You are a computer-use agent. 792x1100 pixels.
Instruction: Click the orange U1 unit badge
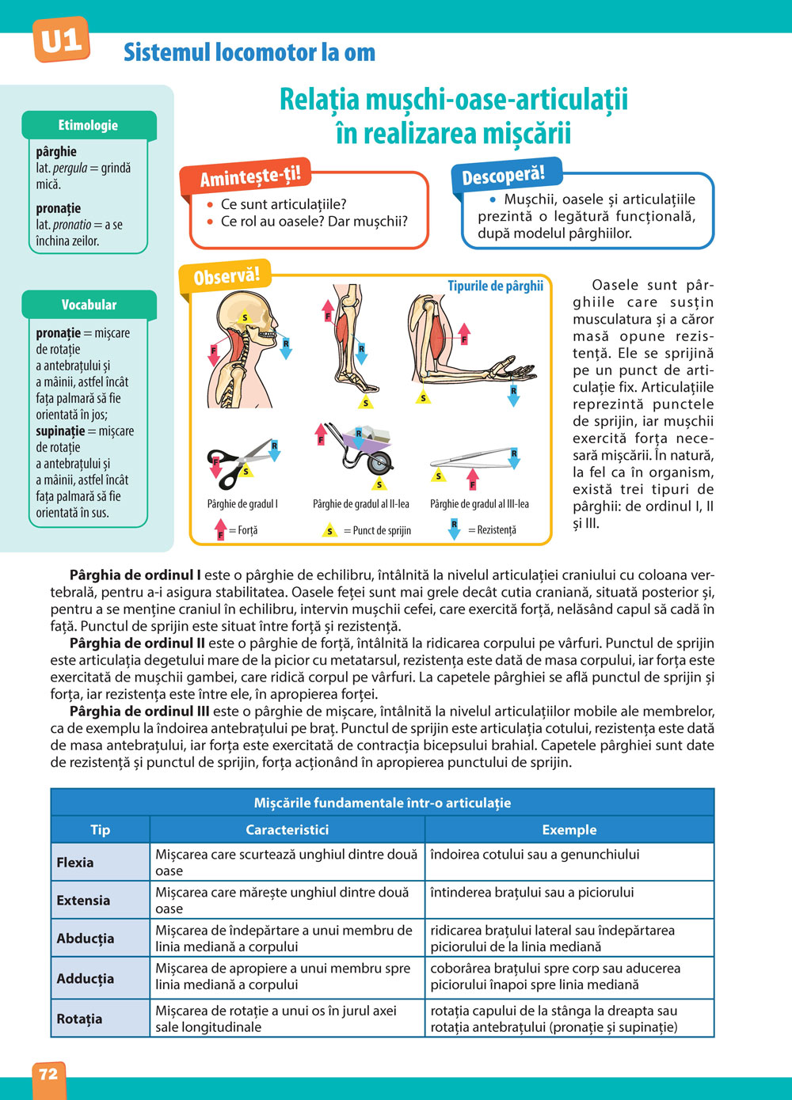click(x=61, y=40)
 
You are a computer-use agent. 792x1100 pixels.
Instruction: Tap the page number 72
click(x=48, y=1074)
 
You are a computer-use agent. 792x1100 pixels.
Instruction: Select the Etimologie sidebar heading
click(x=88, y=125)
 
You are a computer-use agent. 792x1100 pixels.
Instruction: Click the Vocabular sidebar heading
click(x=89, y=305)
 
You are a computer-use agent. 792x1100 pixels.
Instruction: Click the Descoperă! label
click(x=503, y=176)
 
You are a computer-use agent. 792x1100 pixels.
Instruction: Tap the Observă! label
click(x=227, y=276)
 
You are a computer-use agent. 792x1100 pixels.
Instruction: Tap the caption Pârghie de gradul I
click(x=242, y=504)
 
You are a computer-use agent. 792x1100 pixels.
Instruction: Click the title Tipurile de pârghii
click(x=495, y=286)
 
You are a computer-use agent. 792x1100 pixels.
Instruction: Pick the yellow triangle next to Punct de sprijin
click(x=330, y=530)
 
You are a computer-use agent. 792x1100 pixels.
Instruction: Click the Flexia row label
click(x=75, y=863)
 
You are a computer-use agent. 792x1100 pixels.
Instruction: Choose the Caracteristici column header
click(x=287, y=829)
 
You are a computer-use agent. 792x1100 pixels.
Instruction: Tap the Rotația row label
click(x=79, y=1018)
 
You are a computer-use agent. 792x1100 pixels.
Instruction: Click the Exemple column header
click(x=569, y=829)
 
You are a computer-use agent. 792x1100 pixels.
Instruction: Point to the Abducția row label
click(x=86, y=939)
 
